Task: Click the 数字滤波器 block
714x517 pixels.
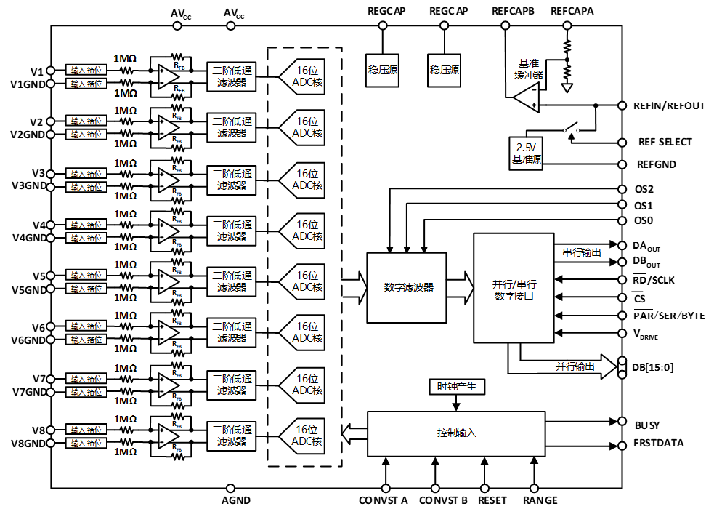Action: (x=407, y=288)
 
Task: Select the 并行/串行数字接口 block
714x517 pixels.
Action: (x=513, y=288)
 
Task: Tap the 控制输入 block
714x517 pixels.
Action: (x=456, y=433)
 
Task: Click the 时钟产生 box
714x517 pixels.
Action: (x=456, y=387)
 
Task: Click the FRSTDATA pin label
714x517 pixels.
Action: (x=659, y=443)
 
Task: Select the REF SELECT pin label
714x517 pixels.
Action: (x=665, y=142)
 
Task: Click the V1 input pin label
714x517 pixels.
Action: (x=37, y=71)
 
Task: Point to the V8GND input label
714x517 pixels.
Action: (x=28, y=443)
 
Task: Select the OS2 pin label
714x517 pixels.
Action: (x=645, y=188)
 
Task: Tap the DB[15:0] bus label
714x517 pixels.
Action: (x=652, y=367)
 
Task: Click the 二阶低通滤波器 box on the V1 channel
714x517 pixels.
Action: (x=232, y=76)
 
